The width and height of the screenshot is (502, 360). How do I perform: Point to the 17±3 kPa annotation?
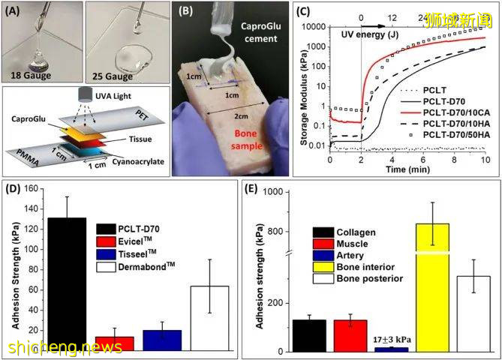391,339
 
